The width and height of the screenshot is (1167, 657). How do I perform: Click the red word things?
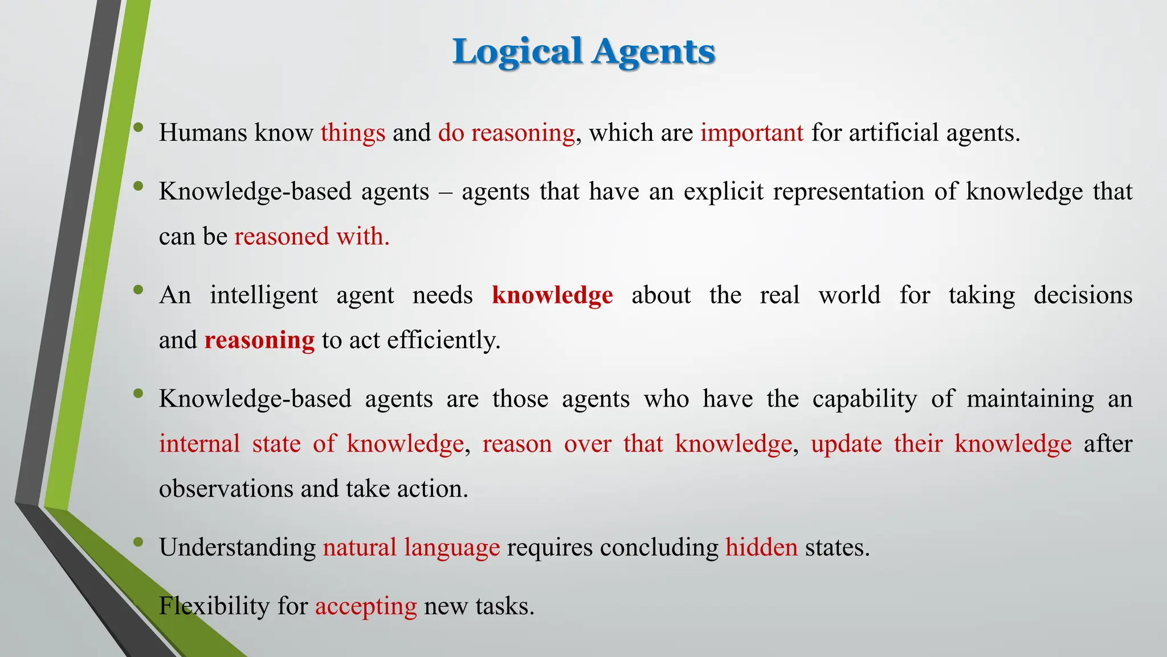[353, 133]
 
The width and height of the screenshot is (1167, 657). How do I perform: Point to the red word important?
[752, 133]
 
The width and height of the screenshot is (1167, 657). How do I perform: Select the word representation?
[848, 192]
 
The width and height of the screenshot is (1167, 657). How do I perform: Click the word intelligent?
[264, 295]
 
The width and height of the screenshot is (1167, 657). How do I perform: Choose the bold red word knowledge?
[552, 295]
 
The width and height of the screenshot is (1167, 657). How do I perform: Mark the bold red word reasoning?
[259, 340]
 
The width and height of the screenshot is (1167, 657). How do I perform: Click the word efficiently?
[443, 340]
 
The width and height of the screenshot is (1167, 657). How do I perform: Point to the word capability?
[864, 399]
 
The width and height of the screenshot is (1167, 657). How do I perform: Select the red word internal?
[199, 444]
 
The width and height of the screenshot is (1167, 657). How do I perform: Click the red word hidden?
[761, 547]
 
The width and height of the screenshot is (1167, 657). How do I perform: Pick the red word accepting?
[366, 606]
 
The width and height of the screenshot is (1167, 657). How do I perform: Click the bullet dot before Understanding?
[138, 542]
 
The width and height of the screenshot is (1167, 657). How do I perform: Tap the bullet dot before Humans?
[138, 128]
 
